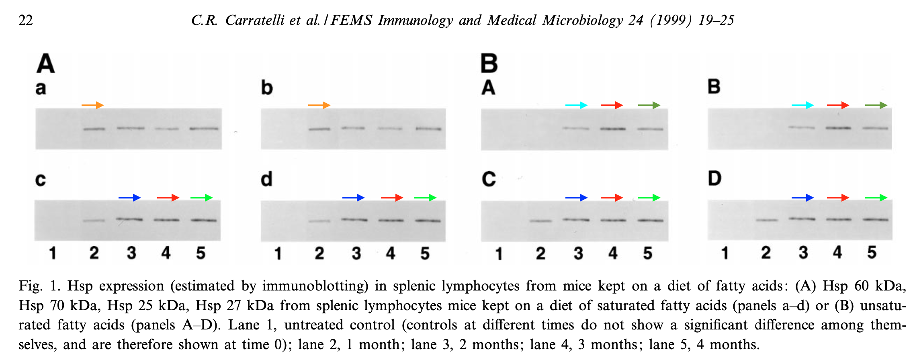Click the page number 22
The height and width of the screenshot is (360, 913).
coord(26,20)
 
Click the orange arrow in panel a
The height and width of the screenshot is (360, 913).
coord(93,105)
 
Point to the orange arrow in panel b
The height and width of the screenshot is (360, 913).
coord(319,105)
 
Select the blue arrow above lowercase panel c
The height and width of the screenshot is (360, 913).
coord(130,198)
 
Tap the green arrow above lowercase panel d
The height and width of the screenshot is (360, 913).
coord(426,198)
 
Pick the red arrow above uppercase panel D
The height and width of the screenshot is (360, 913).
coord(838,198)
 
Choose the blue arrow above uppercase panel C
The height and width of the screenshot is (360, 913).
coord(577,198)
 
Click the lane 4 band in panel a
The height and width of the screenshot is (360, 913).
coord(167,129)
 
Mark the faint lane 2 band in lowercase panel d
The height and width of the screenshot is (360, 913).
coord(319,221)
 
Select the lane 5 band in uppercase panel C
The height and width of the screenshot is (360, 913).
coord(651,220)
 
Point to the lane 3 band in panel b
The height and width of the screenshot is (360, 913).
coord(353,128)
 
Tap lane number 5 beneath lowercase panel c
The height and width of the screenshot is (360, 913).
coord(201,253)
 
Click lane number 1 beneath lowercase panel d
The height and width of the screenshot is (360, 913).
coord(278,254)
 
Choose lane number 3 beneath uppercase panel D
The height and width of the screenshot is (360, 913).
coord(803,253)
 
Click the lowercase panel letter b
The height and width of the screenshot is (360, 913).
coord(267,88)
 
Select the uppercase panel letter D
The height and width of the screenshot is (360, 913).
coord(714,178)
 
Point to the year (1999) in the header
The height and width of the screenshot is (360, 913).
coord(671,20)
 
